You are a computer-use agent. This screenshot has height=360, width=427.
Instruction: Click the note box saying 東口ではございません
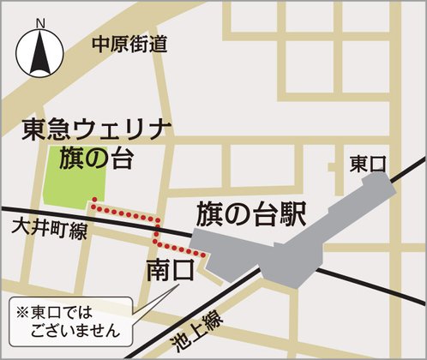69,318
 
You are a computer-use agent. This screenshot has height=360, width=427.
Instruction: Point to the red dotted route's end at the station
204,254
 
